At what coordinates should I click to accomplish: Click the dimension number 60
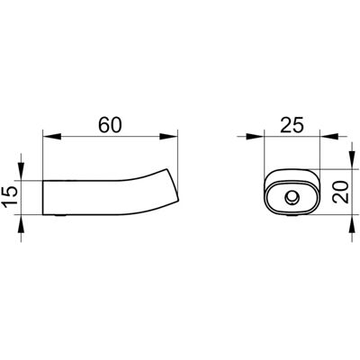click(x=111, y=125)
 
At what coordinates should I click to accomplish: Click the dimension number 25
click(x=292, y=125)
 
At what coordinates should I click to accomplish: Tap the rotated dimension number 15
click(x=9, y=196)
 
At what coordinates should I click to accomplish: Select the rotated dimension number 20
click(x=341, y=193)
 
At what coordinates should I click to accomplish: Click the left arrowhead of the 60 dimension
click(x=52, y=137)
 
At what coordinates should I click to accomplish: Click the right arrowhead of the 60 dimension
click(x=168, y=137)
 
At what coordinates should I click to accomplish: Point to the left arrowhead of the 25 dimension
click(x=255, y=137)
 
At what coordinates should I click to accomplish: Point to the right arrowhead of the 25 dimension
click(x=329, y=137)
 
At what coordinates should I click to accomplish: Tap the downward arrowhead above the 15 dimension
click(x=21, y=172)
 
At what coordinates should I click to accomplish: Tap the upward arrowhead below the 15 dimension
click(x=21, y=224)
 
